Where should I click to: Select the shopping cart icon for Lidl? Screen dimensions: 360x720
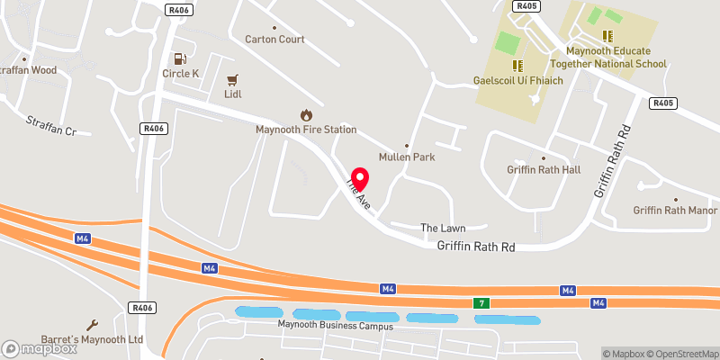(x=233, y=78)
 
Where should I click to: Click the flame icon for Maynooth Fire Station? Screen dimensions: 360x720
(x=306, y=115)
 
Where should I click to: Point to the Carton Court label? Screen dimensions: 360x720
(x=275, y=40)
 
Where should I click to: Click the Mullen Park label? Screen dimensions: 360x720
(x=407, y=157)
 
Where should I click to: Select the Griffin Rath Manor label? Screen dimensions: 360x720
(x=675, y=211)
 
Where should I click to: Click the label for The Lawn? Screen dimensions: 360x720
(x=443, y=229)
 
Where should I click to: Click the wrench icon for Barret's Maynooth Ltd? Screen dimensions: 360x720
(x=92, y=325)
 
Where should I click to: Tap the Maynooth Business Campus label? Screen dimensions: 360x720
(x=335, y=325)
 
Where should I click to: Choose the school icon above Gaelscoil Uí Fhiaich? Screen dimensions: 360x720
(x=517, y=65)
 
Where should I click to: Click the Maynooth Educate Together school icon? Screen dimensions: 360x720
(x=608, y=36)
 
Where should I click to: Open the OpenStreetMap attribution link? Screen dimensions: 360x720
(x=680, y=353)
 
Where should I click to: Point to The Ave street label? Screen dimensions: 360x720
(x=357, y=195)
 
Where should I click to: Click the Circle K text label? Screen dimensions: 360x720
(x=180, y=74)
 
